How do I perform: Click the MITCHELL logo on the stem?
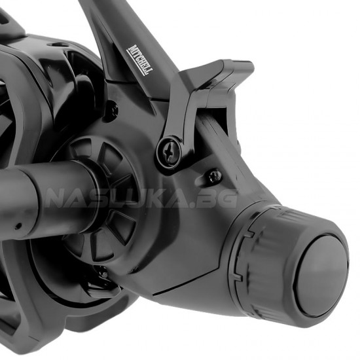pyautogui.click(x=140, y=60)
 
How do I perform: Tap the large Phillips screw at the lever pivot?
pyautogui.click(x=170, y=152)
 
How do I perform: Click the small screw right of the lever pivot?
pyautogui.click(x=215, y=175)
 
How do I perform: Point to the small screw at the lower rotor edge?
pyautogui.click(x=105, y=274)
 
